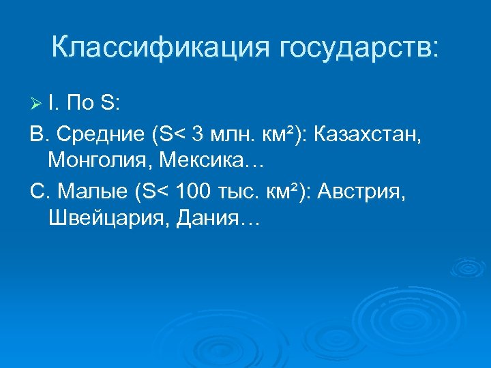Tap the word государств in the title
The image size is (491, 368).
(x=357, y=49)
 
